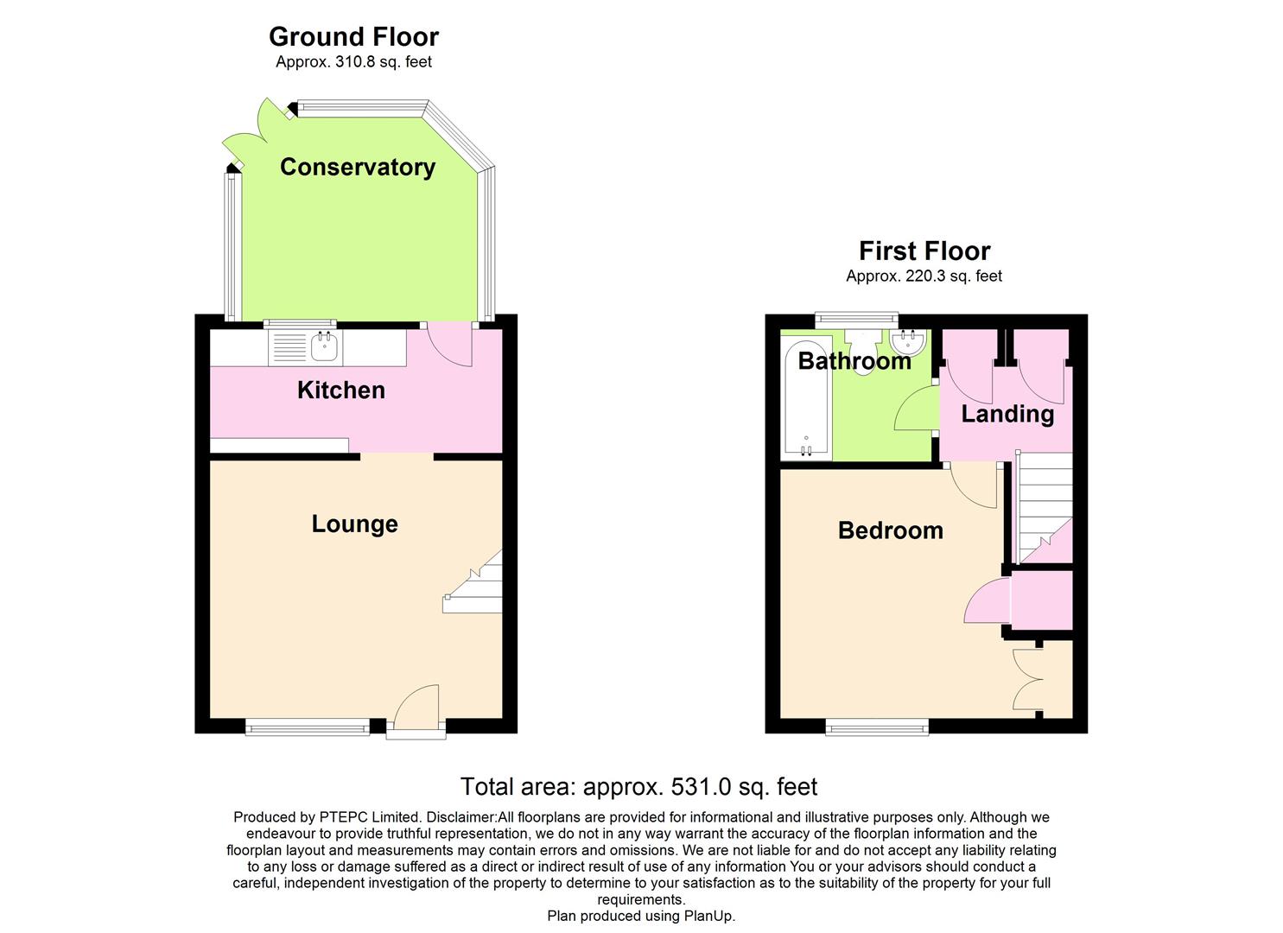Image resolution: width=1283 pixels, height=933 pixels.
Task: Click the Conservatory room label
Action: pos(357,167)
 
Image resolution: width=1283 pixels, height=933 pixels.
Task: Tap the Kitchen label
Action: pos(340,390)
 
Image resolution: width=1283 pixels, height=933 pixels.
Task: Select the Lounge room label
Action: pos(354,524)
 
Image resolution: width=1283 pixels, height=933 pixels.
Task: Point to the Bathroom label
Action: pos(854,360)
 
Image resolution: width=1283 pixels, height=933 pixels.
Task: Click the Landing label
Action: pos(1007,414)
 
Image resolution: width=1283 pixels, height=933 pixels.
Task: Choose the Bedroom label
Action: pos(890,530)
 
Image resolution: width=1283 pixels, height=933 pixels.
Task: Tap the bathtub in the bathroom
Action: pos(804,398)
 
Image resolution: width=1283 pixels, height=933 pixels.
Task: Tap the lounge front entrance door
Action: pos(416,710)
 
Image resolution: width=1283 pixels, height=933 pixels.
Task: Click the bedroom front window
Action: pos(877,727)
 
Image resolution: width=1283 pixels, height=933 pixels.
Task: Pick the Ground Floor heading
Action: pos(353,36)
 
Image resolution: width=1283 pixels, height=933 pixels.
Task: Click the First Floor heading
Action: pos(924,251)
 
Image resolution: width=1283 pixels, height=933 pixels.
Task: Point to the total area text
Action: pos(638,786)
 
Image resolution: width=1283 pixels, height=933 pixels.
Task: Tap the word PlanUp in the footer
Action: pos(707,916)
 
